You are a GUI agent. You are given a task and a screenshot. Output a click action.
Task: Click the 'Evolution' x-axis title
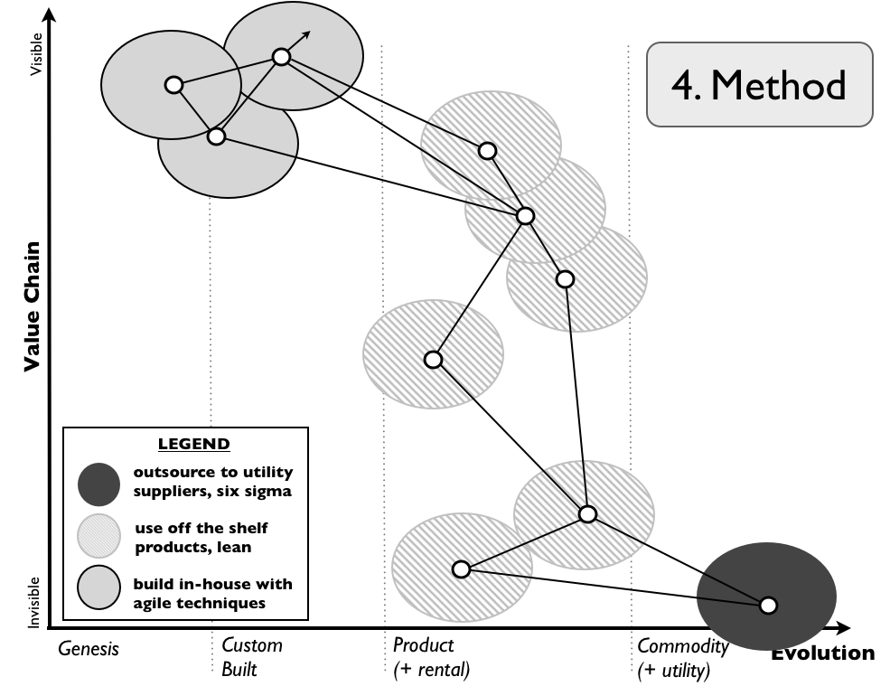coord(822,653)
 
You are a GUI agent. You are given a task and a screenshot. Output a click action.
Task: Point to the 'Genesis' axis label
coord(89,647)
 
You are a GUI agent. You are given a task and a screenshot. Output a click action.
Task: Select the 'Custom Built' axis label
coord(251,657)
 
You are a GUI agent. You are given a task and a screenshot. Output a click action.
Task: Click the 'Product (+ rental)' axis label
coord(431,657)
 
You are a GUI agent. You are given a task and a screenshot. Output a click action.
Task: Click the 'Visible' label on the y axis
coord(36,54)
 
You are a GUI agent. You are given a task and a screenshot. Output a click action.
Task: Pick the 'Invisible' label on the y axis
coord(34,601)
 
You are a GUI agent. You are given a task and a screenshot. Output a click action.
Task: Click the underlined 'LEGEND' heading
coord(193,444)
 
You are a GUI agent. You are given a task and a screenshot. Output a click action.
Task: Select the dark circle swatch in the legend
coord(98,484)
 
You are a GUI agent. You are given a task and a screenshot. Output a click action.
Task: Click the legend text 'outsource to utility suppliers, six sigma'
coord(213,483)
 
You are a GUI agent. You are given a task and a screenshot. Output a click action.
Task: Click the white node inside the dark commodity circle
coord(768,606)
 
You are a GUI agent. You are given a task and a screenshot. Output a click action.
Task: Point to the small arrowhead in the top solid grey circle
coord(307,35)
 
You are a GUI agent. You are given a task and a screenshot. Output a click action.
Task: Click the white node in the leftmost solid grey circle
coord(173,85)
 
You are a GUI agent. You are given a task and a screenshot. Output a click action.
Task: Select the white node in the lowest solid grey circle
coord(216,136)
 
